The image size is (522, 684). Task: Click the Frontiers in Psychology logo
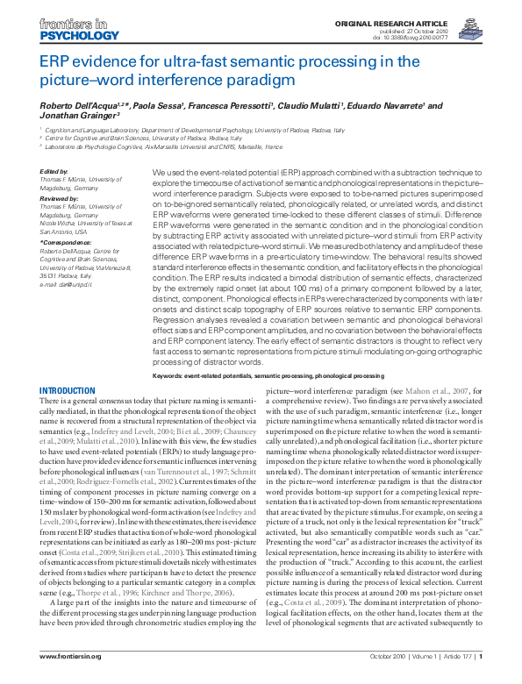click(x=67, y=29)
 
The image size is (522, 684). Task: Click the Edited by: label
click(x=54, y=172)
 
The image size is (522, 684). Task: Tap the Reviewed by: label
click(x=60, y=198)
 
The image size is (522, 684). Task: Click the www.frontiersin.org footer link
click(x=72, y=658)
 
